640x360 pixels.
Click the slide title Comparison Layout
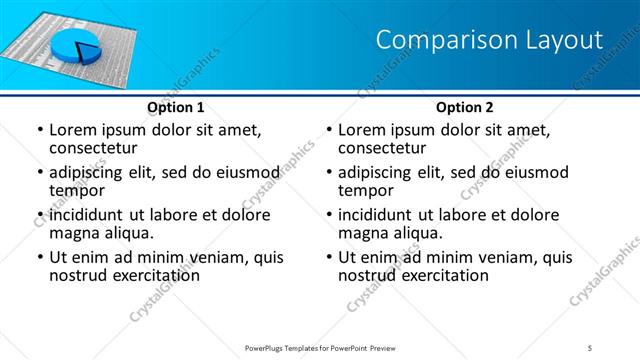coord(489,40)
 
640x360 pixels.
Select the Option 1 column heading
coord(175,107)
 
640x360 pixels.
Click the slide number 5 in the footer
coord(590,347)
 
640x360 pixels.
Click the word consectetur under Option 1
coord(97,148)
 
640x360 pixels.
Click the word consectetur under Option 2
coord(386,148)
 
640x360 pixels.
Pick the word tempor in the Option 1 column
coord(77,191)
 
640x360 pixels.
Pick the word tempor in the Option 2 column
coord(366,191)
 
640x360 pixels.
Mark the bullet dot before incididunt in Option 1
coord(39,215)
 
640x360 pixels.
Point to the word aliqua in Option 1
coord(127,233)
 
